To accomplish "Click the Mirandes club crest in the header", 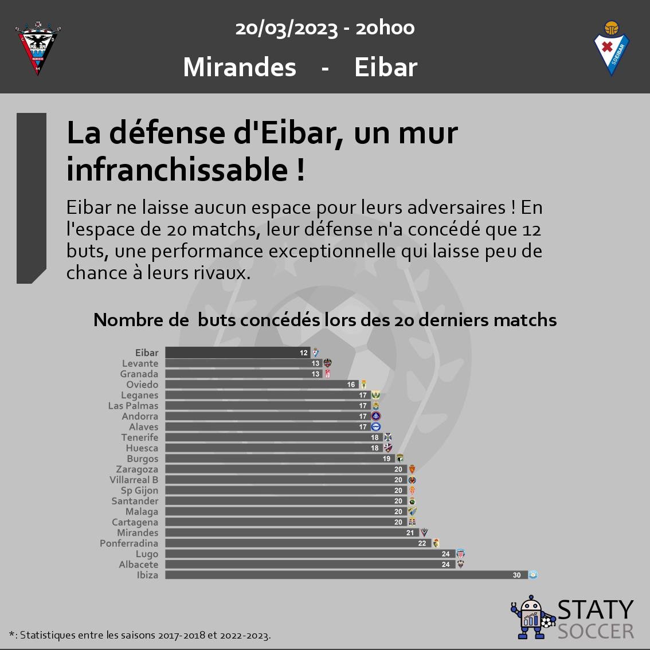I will coord(38,48).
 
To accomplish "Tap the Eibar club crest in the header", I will coord(612,48).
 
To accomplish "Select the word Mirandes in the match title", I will coord(240,67).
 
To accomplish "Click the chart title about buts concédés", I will coord(325,320).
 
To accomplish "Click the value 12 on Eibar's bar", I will coord(304,353).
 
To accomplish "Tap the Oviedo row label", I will coord(142,385).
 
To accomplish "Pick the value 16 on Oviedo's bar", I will coord(351,385).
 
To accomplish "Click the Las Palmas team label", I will coord(133,406).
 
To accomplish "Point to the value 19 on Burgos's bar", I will coord(387,459).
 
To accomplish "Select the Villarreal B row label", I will coord(134,480).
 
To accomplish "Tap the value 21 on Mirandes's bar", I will coord(410,533).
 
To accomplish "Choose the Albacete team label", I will coord(138,565).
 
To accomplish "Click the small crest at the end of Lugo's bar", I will coord(460,554).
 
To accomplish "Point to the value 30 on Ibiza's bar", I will coord(517,575).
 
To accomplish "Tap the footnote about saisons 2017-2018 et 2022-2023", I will coord(140,635).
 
